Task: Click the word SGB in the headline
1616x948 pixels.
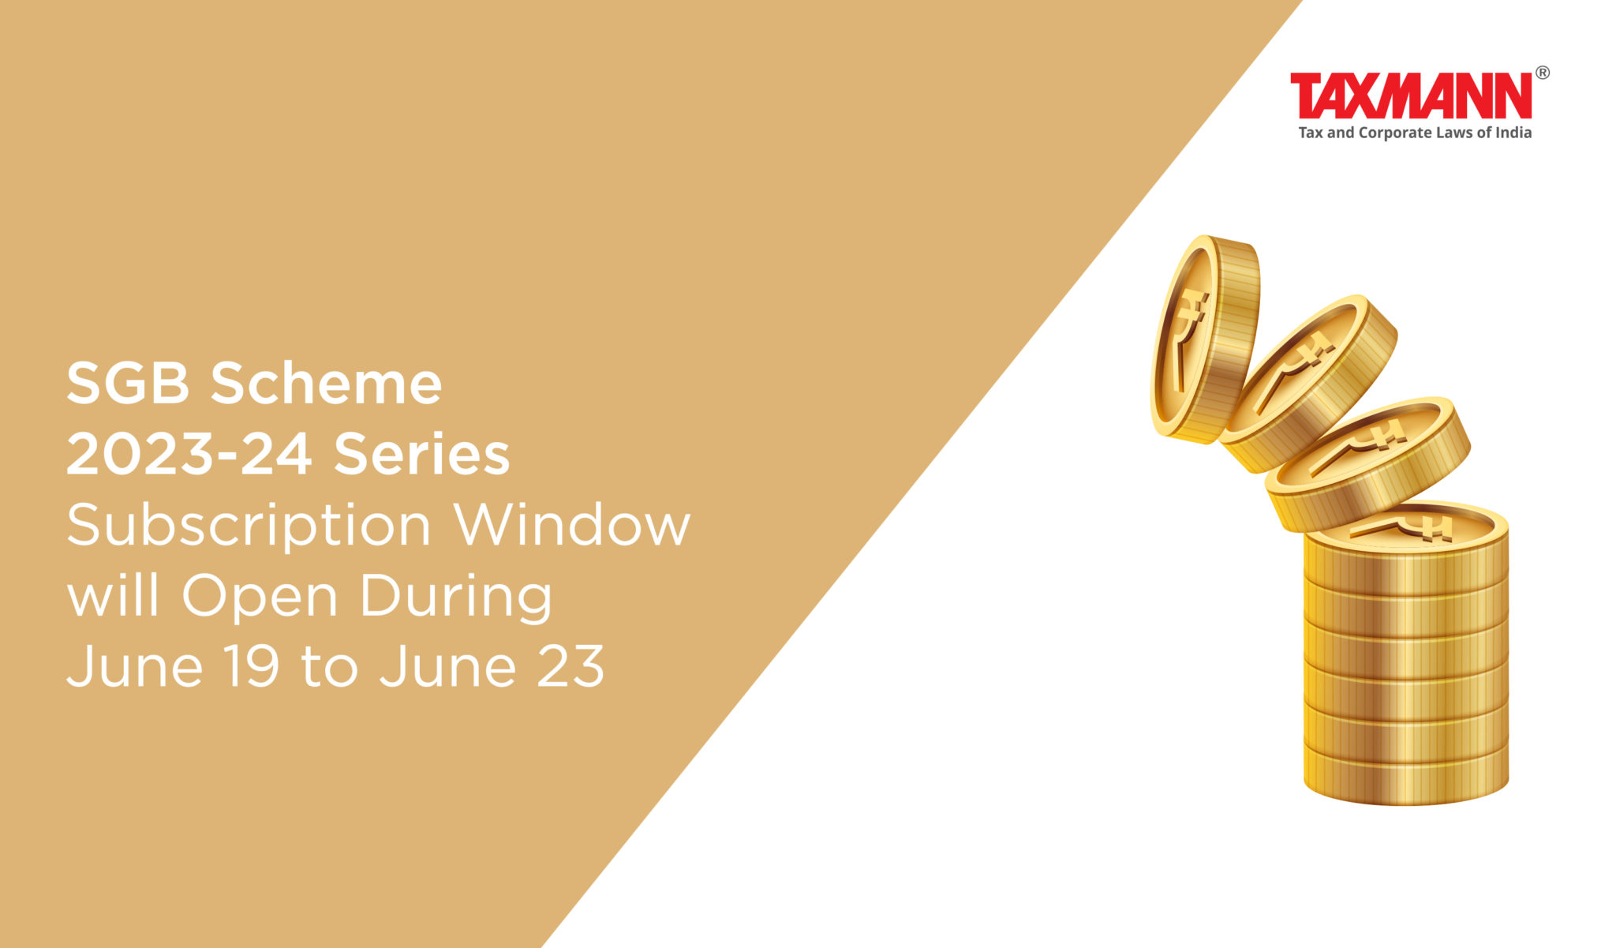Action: pos(129,384)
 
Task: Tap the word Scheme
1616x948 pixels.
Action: pos(326,383)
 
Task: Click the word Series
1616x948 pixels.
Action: pos(422,455)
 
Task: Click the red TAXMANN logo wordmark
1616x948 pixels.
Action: pos(1411,96)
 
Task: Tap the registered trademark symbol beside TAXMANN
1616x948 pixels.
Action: pos(1542,73)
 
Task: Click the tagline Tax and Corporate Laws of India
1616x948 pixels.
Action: pos(1415,133)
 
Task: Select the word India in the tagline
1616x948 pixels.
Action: pos(1513,133)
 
